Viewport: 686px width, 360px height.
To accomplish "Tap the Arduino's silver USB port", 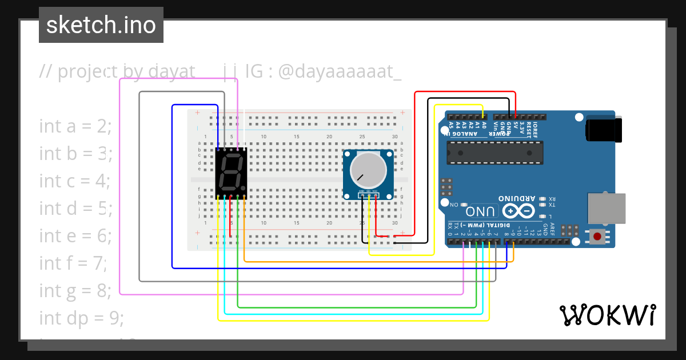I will coord(607,208).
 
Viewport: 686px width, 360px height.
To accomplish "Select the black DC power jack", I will coord(603,129).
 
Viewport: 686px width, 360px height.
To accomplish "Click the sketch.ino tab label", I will coord(101,25).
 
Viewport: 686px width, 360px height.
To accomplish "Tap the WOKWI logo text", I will coord(607,315).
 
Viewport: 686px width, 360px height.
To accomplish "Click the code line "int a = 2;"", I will coord(75,126).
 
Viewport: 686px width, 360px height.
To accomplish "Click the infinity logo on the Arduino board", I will coord(509,211).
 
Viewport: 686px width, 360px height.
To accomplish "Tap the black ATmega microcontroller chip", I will coord(494,152).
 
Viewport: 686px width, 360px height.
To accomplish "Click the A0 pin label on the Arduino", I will coord(484,125).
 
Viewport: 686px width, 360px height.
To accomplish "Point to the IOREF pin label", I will coord(536,127).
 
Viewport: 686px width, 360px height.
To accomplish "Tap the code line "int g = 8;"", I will coord(75,290).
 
